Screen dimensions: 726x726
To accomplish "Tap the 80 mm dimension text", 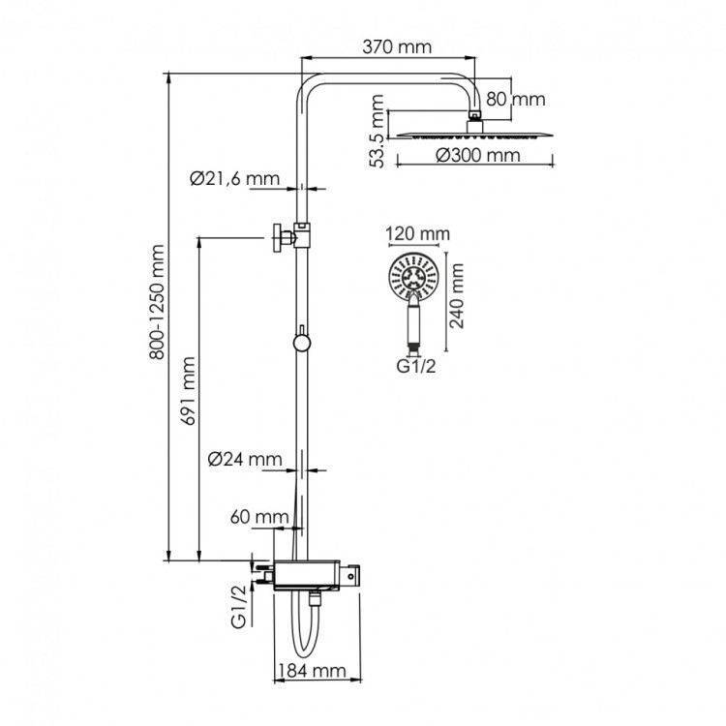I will point(516,100).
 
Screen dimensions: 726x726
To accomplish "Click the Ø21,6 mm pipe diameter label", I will point(234,178).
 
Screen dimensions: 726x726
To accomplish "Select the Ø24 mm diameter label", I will point(246,460).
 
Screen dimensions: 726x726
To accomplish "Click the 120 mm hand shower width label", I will point(417,234).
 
